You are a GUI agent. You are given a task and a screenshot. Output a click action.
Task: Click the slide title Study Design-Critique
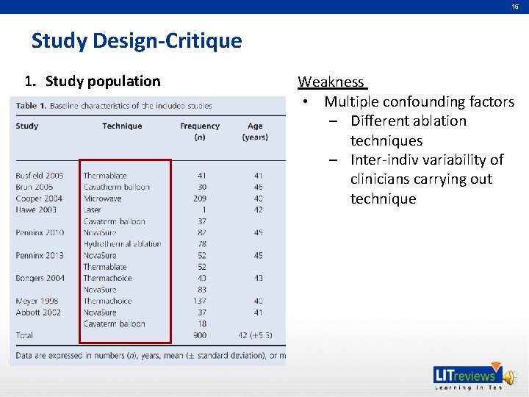[x=136, y=41]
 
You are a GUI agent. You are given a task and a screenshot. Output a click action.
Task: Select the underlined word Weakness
[x=331, y=82]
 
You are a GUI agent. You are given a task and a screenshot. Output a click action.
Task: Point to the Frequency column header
[x=200, y=126]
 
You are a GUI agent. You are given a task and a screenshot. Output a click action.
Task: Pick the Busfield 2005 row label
[x=40, y=176]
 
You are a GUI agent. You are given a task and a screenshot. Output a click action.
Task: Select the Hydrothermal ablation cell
[x=122, y=244]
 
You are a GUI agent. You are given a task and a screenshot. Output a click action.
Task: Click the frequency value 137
[x=199, y=301]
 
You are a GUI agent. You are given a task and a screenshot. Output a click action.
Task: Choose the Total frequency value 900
[x=199, y=335]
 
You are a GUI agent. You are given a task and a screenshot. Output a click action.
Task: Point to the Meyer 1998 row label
[x=37, y=301]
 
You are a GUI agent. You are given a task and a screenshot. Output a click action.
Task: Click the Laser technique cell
[x=93, y=210]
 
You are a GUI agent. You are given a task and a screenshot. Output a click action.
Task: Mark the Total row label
[x=24, y=335]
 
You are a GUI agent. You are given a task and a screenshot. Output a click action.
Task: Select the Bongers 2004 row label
[x=40, y=278]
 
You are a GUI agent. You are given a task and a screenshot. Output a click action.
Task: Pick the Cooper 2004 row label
[x=39, y=198]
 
